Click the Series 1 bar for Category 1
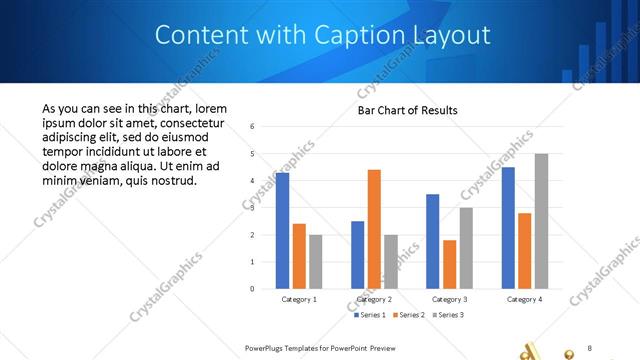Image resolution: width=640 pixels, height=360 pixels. [282, 231]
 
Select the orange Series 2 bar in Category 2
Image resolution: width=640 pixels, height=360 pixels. [374, 229]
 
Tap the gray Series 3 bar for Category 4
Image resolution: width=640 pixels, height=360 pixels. [541, 221]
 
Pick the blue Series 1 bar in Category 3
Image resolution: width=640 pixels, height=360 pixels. [432, 241]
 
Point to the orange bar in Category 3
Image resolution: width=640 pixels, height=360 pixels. [450, 264]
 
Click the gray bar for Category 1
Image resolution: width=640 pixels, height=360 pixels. [316, 261]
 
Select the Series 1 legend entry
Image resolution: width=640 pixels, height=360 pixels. [371, 315]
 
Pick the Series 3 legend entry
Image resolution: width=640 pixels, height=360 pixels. [447, 315]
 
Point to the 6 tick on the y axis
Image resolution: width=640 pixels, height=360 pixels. [253, 127]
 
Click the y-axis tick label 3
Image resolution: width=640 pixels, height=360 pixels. [253, 208]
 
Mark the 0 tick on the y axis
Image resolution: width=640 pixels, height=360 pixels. [253, 289]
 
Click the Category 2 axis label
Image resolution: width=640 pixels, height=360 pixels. [374, 299]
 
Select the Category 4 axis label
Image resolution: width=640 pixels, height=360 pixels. [524, 299]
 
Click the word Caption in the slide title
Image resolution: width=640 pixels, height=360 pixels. [368, 36]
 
